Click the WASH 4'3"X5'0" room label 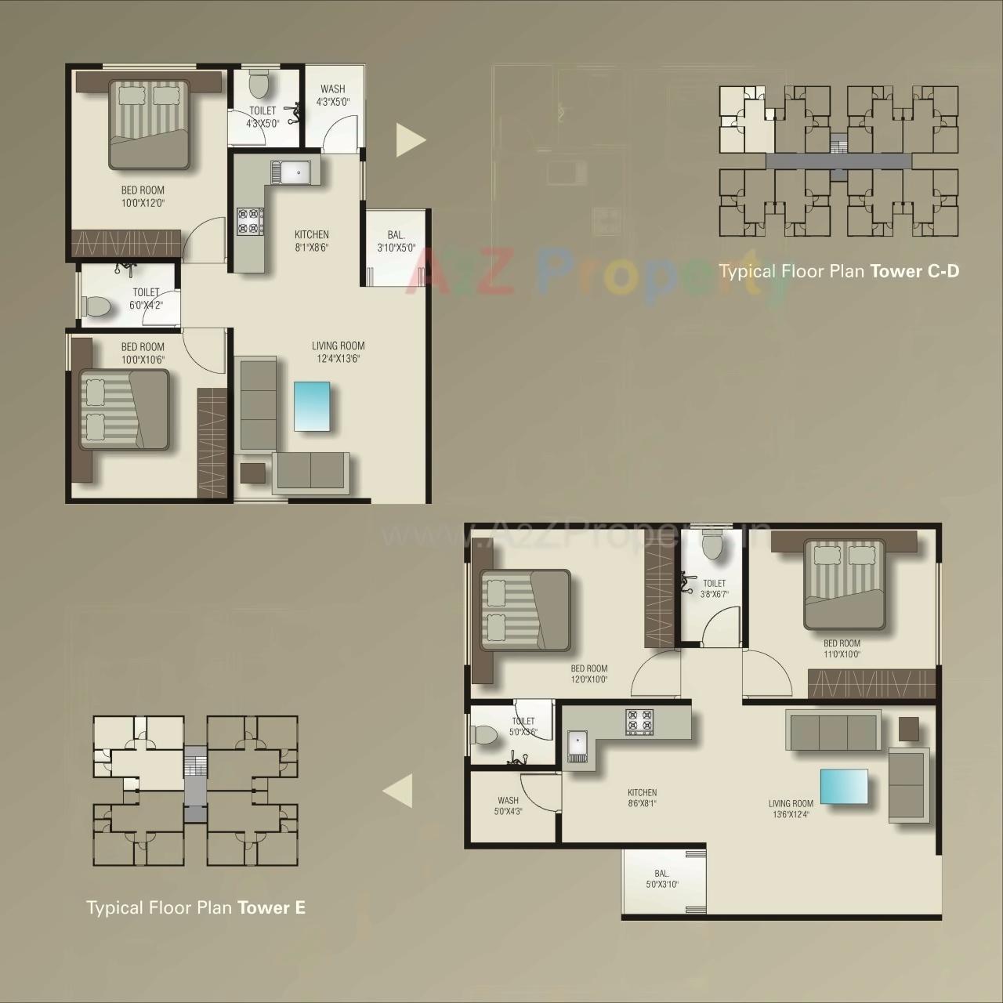[x=333, y=95]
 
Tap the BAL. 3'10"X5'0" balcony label [x=396, y=241]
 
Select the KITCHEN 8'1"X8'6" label [x=312, y=241]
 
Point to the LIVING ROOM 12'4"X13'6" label [x=338, y=352]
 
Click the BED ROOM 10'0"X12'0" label [x=143, y=196]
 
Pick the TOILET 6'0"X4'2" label [x=146, y=299]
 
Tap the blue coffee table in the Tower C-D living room [x=312, y=406]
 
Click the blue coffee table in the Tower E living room [x=844, y=787]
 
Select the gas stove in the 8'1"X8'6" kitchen [x=250, y=220]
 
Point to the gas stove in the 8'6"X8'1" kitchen [x=639, y=722]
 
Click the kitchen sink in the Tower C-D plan [x=291, y=172]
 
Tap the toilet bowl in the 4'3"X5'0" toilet [x=259, y=82]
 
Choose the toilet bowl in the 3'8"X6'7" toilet [x=713, y=545]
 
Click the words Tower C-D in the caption [x=914, y=271]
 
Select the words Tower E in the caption [x=271, y=907]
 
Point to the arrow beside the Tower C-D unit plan [x=409, y=140]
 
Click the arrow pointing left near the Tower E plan [x=399, y=791]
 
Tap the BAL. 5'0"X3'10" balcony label [x=662, y=878]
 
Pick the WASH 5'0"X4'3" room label [x=508, y=806]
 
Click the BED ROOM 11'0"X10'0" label [x=842, y=648]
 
